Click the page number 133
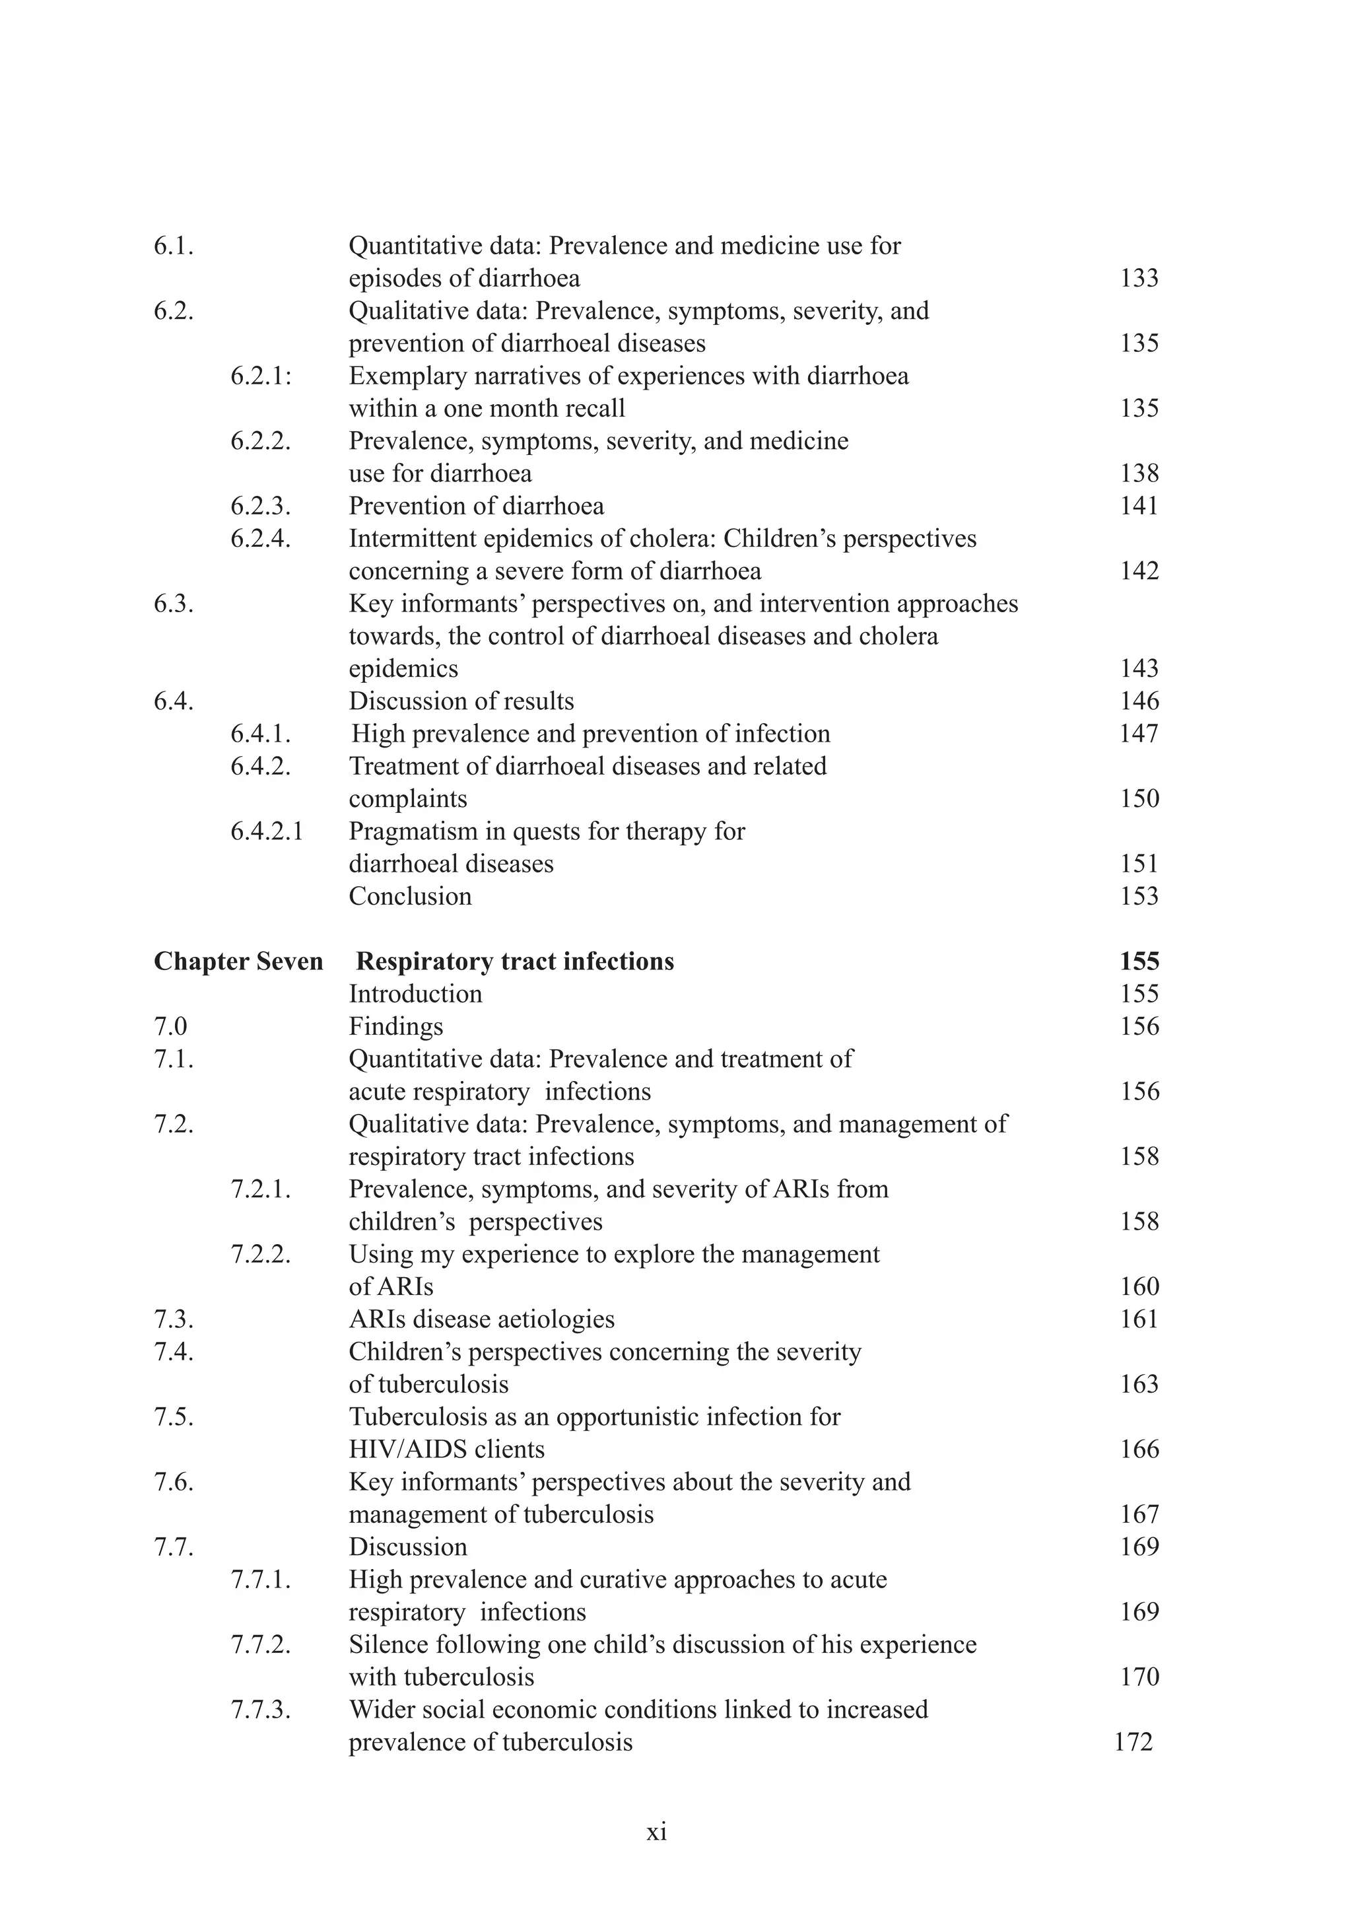tap(1139, 278)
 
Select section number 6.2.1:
tap(261, 376)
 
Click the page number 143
tap(1139, 668)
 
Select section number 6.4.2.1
tap(267, 831)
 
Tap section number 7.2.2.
tap(261, 1253)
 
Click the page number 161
tap(1139, 1319)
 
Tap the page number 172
tap(1133, 1742)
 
